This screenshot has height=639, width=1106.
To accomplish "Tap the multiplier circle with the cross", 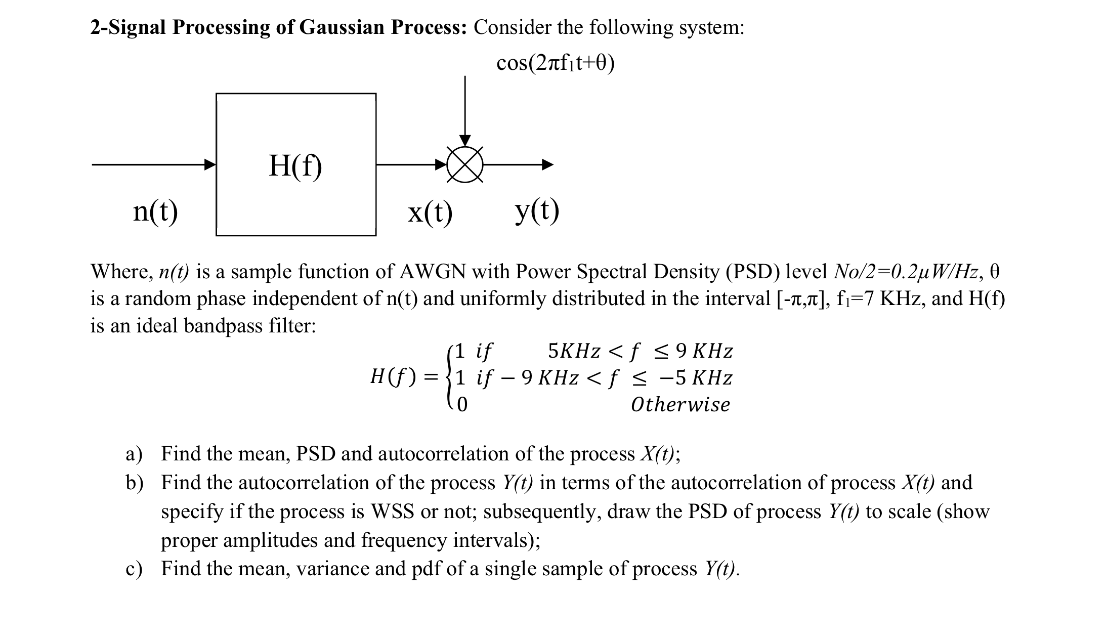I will point(465,164).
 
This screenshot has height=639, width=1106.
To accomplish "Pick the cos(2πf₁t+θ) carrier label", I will point(556,63).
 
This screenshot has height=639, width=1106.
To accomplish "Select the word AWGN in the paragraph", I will point(433,272).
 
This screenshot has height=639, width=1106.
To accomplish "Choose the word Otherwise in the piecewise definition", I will point(680,405).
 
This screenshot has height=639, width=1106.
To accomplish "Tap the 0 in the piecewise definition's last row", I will point(462,405).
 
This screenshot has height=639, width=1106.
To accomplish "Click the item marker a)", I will point(134,454).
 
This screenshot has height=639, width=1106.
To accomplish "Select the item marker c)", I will point(134,569).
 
